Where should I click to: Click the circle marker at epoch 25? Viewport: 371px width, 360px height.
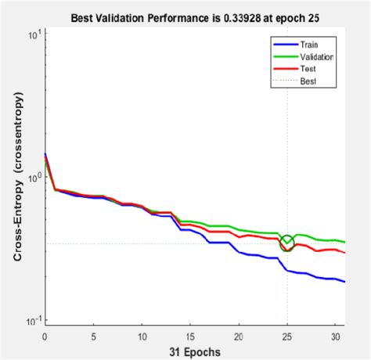pos(287,243)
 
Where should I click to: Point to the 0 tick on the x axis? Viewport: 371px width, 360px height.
pos(45,335)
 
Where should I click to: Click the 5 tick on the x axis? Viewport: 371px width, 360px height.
pos(93,335)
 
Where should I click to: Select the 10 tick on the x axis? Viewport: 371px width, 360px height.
pos(142,335)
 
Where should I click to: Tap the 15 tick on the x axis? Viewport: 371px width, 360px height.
pos(190,335)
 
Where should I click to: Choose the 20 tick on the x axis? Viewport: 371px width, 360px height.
pos(239,335)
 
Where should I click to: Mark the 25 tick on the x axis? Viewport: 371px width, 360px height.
pos(287,335)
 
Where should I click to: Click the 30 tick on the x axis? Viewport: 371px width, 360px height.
pos(336,335)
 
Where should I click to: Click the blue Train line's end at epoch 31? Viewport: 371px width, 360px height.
pos(344,282)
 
